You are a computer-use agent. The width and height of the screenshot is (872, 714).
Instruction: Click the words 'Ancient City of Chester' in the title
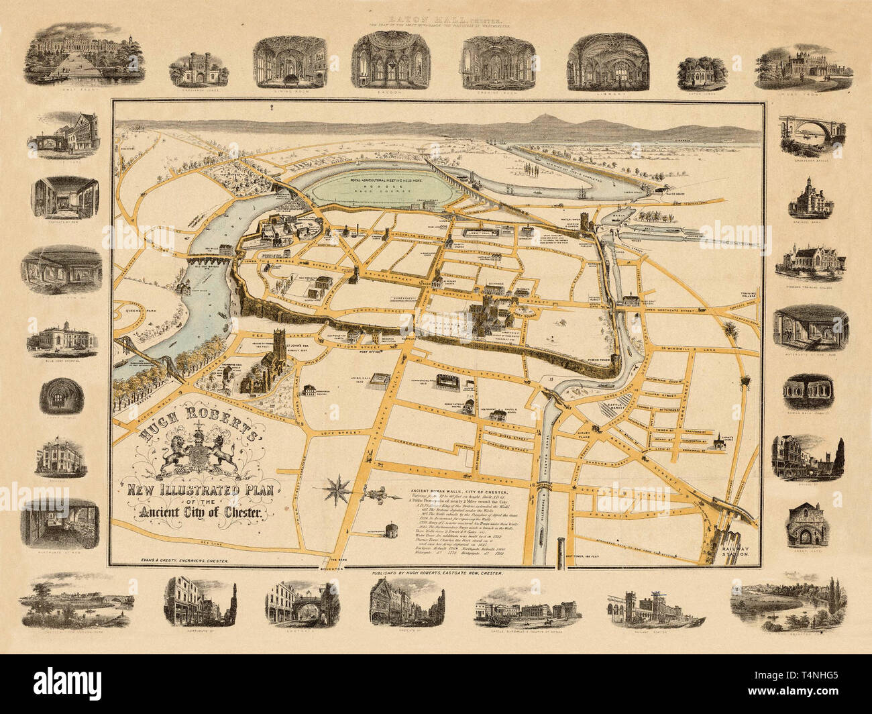(x=194, y=514)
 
